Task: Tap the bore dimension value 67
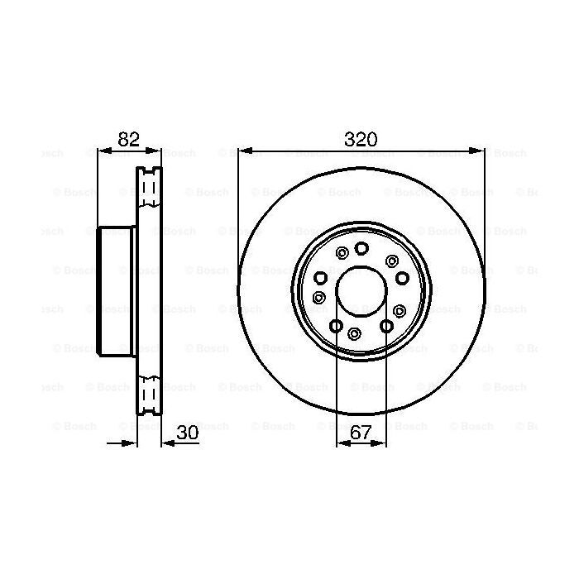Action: click(x=361, y=432)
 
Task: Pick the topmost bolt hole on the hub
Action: click(x=361, y=248)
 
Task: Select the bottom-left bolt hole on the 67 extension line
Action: click(x=337, y=326)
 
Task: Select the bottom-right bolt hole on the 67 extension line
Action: click(x=385, y=326)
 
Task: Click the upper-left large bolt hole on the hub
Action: click(x=321, y=277)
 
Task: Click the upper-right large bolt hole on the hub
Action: click(x=401, y=277)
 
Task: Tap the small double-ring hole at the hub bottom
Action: click(x=354, y=333)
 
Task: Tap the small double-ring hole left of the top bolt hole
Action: click(x=342, y=253)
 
